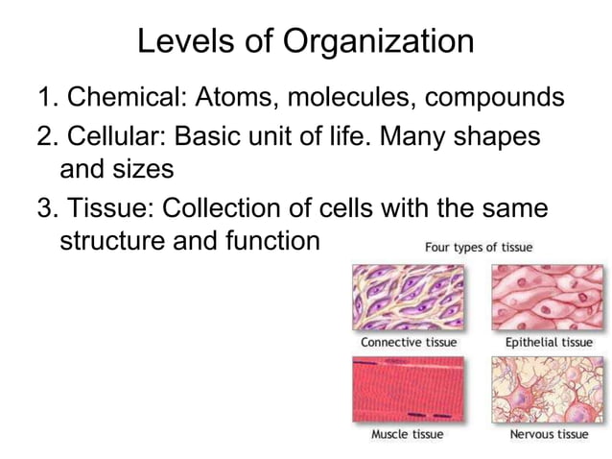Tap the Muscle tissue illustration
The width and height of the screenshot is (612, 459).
(x=409, y=389)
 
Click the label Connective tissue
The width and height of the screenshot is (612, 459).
(x=409, y=342)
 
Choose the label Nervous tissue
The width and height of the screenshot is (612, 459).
(x=547, y=434)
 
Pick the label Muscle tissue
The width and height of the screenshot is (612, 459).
(x=408, y=434)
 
